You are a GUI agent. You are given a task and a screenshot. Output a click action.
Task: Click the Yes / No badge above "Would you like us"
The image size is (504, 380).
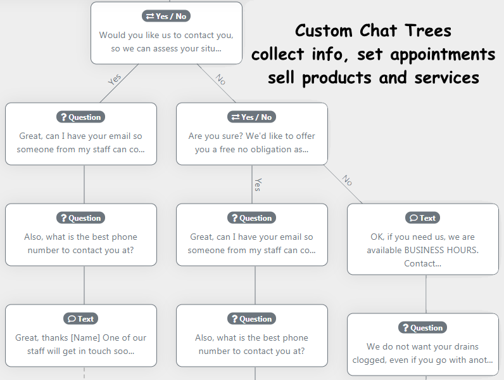coord(167,16)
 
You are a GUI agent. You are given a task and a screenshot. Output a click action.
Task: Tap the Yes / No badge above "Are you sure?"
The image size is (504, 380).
coord(251,117)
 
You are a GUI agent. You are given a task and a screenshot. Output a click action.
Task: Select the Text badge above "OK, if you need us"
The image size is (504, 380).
coord(422,218)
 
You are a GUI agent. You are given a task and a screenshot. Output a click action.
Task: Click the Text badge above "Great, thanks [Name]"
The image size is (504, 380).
coord(80,319)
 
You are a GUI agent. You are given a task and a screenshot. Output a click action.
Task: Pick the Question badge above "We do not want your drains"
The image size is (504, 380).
coord(422,328)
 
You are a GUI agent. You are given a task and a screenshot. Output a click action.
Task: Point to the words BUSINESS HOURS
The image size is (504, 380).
coord(441,250)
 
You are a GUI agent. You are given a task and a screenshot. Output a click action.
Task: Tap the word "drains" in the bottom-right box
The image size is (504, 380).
coord(464,347)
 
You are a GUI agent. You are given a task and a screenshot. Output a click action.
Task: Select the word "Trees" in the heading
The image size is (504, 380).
coord(429,31)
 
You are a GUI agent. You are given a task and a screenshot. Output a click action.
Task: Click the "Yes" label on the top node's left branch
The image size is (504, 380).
coord(115,79)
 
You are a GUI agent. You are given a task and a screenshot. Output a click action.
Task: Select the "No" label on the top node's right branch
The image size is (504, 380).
coord(220,79)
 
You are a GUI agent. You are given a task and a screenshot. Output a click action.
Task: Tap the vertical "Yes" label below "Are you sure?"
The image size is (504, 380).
coord(258,185)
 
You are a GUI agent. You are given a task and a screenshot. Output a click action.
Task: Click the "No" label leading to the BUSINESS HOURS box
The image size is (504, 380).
coord(347,180)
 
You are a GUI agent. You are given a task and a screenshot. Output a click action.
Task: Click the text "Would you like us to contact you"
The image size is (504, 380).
coord(166,35)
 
